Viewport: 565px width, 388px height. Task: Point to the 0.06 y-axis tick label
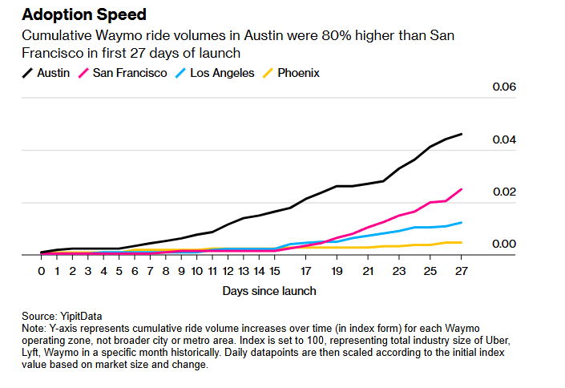coord(504,87)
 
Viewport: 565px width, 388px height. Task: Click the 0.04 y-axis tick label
coord(504,139)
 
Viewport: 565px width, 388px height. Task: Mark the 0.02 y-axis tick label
coord(504,192)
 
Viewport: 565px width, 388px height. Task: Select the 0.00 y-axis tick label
coord(504,244)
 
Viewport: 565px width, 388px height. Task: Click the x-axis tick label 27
coord(461,272)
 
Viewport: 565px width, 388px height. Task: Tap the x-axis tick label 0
coord(42,272)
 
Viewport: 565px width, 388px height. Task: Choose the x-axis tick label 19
coord(337,272)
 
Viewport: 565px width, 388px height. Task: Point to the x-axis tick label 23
coord(399,272)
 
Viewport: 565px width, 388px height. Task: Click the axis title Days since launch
coord(269,291)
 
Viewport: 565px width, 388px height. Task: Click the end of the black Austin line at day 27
coord(462,134)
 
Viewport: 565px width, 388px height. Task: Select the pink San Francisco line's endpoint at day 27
coord(462,189)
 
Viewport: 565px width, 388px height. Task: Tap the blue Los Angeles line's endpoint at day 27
coord(462,222)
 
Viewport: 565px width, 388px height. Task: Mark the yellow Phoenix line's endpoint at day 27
coord(462,242)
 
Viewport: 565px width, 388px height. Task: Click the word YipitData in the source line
coord(79,316)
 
